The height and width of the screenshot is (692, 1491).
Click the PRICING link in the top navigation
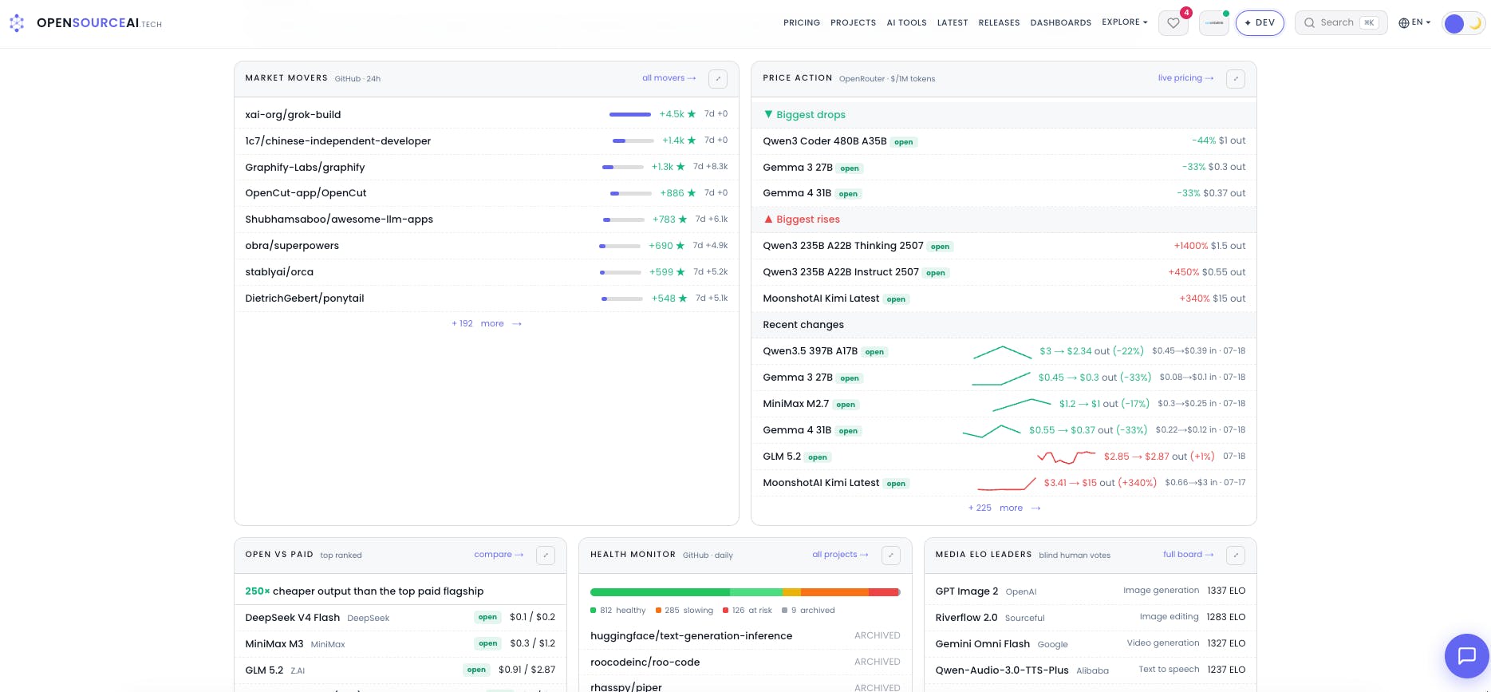point(802,22)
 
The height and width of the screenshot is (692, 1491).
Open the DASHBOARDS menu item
point(1060,22)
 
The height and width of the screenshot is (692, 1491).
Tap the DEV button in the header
point(1260,23)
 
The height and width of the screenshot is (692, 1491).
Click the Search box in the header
point(1341,23)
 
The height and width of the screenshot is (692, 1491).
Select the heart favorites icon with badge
point(1173,23)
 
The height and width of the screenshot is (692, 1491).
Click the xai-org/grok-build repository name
point(293,115)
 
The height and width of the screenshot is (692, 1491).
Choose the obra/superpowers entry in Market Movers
point(292,246)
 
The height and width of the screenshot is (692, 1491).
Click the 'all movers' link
point(669,78)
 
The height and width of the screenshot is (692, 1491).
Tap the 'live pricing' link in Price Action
point(1185,78)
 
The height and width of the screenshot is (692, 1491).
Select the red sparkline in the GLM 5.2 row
point(1066,457)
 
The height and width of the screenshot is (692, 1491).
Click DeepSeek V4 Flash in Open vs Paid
point(293,618)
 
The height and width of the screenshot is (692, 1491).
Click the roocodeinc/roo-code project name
point(645,662)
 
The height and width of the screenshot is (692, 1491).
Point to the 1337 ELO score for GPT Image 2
point(1226,591)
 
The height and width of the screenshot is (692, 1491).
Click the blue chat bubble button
point(1466,656)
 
